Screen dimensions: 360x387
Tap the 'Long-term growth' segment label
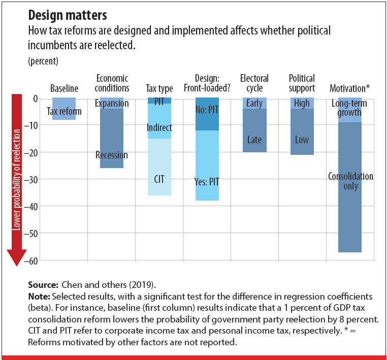pyautogui.click(x=350, y=108)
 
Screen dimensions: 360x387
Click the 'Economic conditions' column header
pyautogui.click(x=112, y=83)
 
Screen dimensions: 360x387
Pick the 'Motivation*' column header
pyautogui.click(x=350, y=88)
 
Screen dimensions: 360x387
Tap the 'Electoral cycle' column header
pyautogui.click(x=254, y=83)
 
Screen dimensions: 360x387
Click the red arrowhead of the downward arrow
pyautogui.click(x=17, y=258)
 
